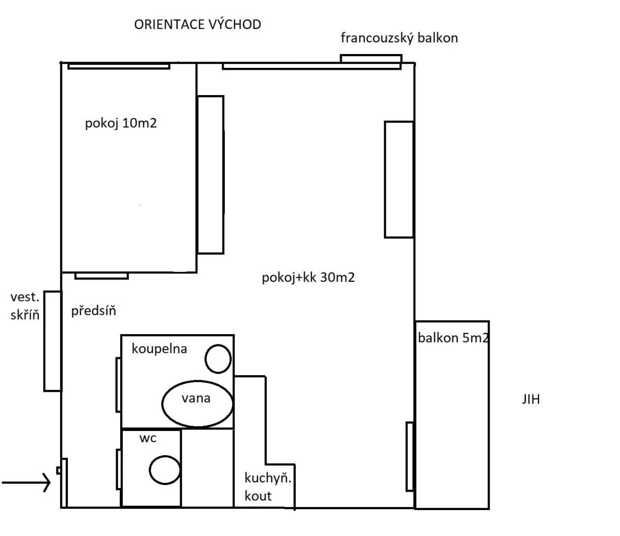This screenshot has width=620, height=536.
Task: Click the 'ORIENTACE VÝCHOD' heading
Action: (x=197, y=25)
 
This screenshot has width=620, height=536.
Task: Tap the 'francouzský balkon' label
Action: (x=399, y=38)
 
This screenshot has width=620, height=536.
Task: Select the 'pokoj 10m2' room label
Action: (x=121, y=123)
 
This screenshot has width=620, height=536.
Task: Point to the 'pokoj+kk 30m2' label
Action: (x=308, y=277)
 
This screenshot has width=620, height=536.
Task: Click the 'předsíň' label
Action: (x=93, y=310)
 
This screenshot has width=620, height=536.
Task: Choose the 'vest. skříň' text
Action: (x=25, y=306)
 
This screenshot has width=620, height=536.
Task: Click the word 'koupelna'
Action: (x=159, y=348)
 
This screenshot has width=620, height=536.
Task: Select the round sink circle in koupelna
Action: (x=218, y=359)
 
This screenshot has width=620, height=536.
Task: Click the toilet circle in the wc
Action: (x=164, y=470)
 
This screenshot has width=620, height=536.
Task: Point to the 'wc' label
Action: (x=148, y=438)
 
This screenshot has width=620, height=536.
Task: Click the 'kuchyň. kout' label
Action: (x=267, y=487)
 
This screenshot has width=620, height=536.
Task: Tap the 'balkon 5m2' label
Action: (x=452, y=338)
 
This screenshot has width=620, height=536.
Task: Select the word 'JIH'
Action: (x=531, y=399)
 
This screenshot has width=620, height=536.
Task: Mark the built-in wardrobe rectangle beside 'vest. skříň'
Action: (x=52, y=341)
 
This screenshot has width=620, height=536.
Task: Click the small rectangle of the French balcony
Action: (x=371, y=59)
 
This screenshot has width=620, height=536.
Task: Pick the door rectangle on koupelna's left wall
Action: (x=118, y=384)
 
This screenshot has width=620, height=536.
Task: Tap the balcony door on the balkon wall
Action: (x=409, y=456)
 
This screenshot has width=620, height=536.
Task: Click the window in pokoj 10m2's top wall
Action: (x=119, y=66)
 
